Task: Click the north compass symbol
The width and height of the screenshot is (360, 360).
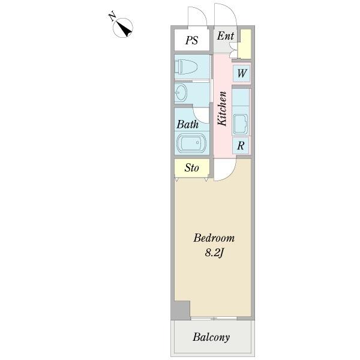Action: click(x=124, y=27)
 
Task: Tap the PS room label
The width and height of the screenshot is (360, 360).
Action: click(x=191, y=41)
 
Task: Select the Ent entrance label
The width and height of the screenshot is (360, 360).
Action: click(x=226, y=36)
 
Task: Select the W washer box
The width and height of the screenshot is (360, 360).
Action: click(x=241, y=73)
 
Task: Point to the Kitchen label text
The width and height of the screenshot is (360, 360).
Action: click(x=222, y=108)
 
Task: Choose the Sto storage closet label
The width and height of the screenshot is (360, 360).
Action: click(x=191, y=168)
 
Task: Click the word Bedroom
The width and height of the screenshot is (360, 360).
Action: click(x=213, y=238)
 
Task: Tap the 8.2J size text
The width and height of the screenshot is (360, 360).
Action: click(x=213, y=253)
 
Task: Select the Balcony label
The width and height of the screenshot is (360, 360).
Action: click(x=211, y=337)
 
